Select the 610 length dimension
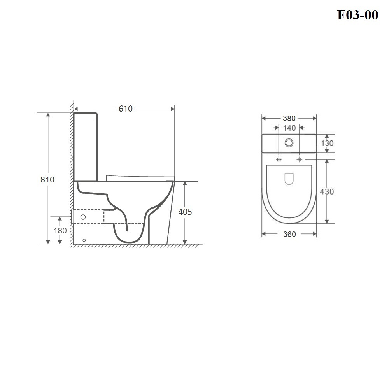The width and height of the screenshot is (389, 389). [x=126, y=109]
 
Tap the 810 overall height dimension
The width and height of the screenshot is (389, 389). [x=47, y=179]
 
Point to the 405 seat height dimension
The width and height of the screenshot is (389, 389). [x=185, y=212]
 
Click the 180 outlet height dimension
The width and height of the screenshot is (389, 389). [x=60, y=230]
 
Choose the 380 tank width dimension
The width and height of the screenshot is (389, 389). [x=289, y=118]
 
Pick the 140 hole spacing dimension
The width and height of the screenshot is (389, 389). [x=289, y=128]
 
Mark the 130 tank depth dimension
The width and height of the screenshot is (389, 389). [x=327, y=143]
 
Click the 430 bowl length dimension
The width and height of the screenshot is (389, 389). [x=327, y=191]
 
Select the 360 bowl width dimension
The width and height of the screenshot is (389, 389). [x=289, y=234]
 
